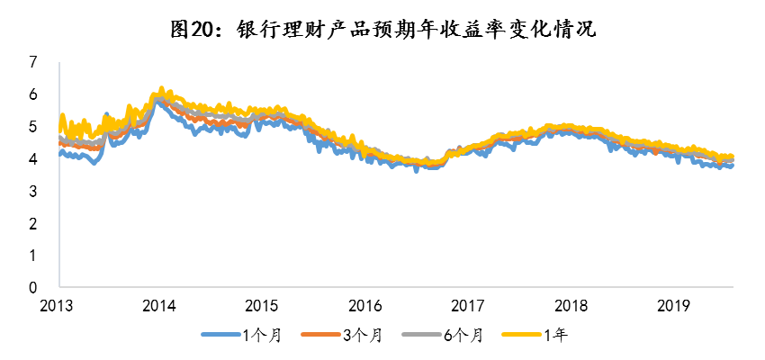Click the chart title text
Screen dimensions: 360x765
[382, 29]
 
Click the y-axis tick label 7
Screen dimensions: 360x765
[33, 62]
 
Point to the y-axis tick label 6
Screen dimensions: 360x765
[33, 94]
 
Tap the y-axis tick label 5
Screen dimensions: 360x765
[33, 127]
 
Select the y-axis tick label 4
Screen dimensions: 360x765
[33, 159]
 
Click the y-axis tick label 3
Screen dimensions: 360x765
[33, 192]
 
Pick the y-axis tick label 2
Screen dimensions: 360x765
[33, 224]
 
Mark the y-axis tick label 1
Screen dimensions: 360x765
[33, 256]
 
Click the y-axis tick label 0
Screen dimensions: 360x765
[33, 288]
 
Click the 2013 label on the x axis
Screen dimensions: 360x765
[58, 304]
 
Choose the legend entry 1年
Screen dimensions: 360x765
[559, 336]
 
